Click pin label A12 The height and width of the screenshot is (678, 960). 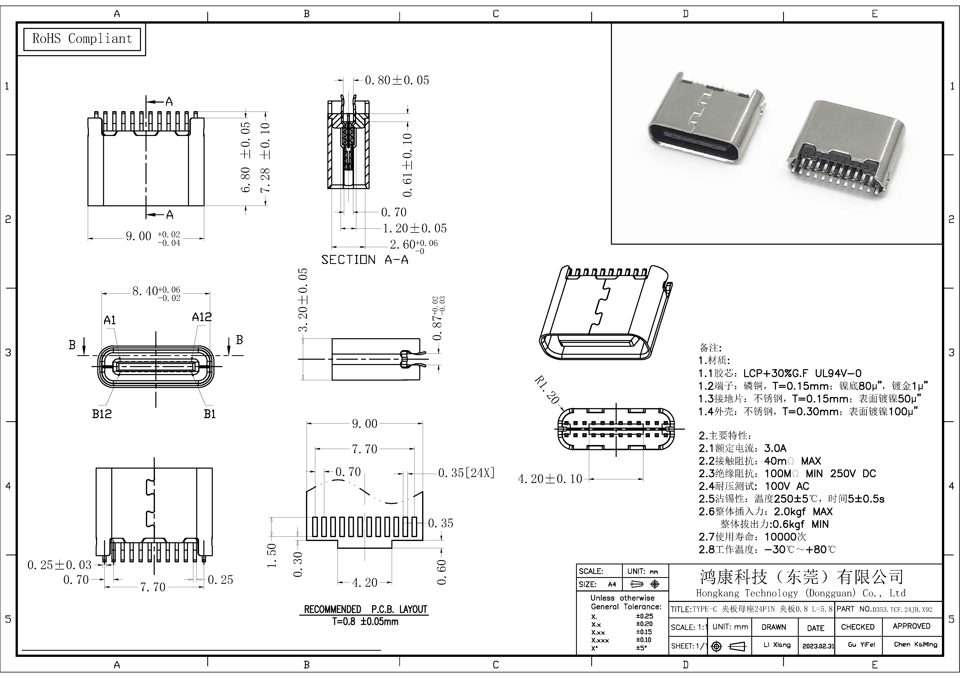click(x=202, y=317)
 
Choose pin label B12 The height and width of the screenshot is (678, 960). click(x=102, y=414)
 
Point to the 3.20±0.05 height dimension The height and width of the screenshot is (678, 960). click(x=304, y=300)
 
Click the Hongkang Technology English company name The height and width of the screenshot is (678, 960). click(x=801, y=593)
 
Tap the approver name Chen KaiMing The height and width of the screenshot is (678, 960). click(x=915, y=645)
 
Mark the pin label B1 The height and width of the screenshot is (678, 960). click(x=210, y=414)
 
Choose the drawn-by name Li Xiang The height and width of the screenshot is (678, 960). click(x=777, y=645)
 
